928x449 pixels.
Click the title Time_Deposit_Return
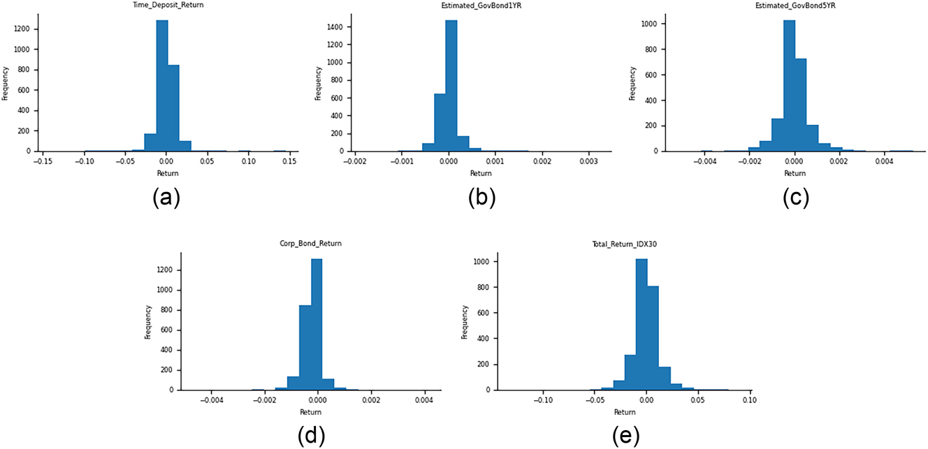166,4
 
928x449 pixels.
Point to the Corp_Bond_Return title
310,244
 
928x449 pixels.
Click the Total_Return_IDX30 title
623,244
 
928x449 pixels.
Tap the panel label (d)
310,436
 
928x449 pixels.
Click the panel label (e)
623,436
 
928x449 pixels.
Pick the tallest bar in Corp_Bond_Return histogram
317,325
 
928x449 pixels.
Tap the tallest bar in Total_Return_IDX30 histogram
641,325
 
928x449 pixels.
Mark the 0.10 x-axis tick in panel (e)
749,401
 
